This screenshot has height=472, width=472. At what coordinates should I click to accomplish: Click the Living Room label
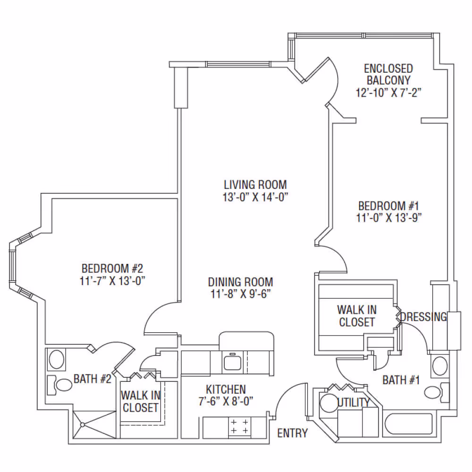255,185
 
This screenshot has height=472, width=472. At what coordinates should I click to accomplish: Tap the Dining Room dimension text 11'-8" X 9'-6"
241,294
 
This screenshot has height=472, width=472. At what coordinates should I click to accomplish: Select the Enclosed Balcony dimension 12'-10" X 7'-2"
388,93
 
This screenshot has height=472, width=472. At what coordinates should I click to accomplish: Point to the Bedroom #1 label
388,206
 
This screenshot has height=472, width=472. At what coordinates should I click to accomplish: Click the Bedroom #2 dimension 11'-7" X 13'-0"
112,281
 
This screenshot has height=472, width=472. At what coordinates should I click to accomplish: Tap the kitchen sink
232,362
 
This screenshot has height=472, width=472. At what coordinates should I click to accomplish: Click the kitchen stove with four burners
240,427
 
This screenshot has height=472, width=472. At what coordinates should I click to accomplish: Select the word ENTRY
292,433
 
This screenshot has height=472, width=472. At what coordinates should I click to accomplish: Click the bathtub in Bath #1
409,424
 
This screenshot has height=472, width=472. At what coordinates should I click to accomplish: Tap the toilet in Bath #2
59,385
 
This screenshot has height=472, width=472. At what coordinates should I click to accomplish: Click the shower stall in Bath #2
94,424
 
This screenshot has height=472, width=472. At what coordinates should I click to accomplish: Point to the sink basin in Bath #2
57,359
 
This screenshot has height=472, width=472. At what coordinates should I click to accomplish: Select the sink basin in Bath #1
440,365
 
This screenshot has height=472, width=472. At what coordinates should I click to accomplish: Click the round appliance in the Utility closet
329,403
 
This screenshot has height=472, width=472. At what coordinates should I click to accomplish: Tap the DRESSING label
423,317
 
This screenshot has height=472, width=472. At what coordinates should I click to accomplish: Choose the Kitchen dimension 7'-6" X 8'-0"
226,401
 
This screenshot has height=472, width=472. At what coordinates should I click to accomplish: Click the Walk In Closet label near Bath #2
141,401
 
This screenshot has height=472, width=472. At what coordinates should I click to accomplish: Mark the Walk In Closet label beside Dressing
357,316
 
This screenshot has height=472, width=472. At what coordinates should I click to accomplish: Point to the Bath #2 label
93,379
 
